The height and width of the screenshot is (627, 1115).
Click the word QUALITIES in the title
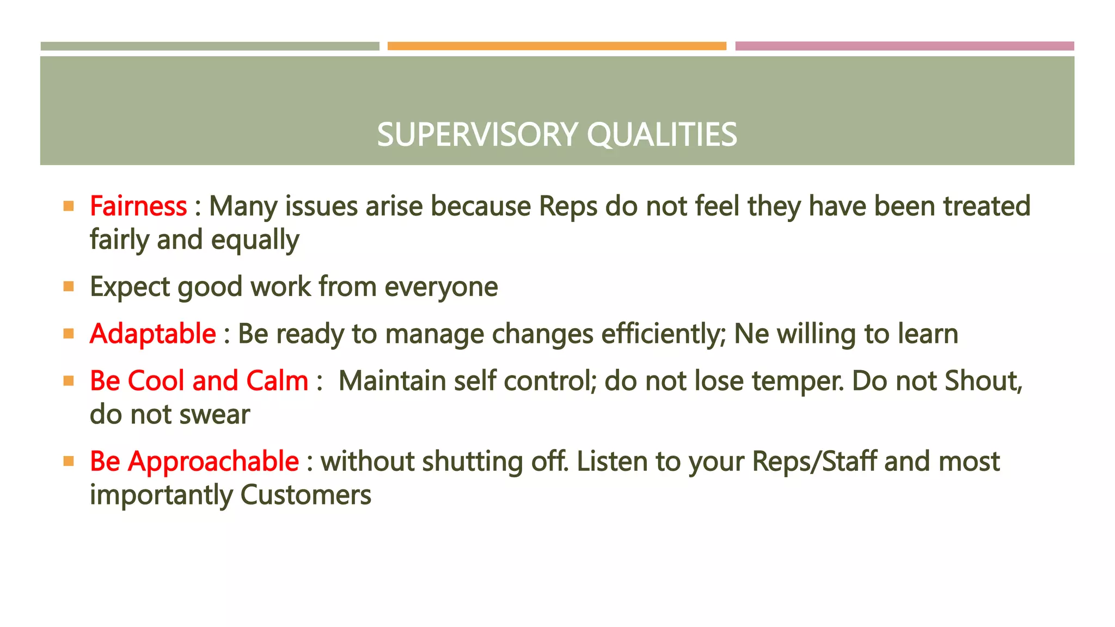[x=661, y=134]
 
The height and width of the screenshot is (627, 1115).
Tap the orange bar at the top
[x=556, y=46]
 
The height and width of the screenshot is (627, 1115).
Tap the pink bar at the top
[x=904, y=46]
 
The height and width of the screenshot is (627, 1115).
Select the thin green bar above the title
[x=210, y=46]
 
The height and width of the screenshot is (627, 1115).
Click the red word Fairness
[x=138, y=206]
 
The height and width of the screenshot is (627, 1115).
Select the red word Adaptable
[x=152, y=334]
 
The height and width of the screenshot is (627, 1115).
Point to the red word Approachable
[x=213, y=462]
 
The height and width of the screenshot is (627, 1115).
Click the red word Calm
[x=277, y=380]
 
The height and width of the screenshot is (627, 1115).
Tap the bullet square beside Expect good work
[x=69, y=286]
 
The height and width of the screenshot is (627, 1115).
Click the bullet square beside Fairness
[x=69, y=206]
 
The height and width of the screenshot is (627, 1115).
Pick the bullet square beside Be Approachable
[x=69, y=462]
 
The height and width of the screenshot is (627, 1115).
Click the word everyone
[x=441, y=287]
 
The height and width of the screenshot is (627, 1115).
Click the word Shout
[x=983, y=380]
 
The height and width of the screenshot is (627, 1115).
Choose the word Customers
[x=305, y=495]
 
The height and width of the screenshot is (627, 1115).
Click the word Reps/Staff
[x=814, y=462]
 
